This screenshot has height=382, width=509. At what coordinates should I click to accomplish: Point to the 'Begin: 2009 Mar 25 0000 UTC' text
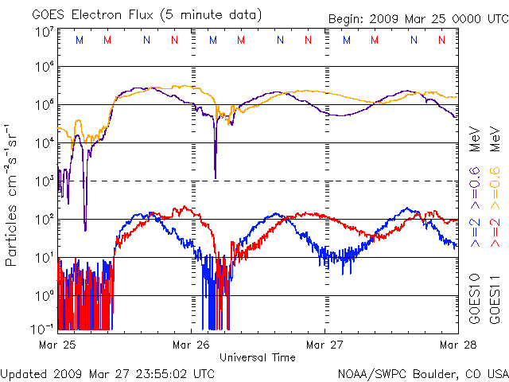pyautogui.click(x=418, y=19)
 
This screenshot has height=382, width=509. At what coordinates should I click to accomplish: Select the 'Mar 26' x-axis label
pyautogui.click(x=192, y=345)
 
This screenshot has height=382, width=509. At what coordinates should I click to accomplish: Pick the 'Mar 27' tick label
pyautogui.click(x=324, y=345)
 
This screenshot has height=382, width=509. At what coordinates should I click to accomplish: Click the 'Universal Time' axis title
pyautogui.click(x=258, y=357)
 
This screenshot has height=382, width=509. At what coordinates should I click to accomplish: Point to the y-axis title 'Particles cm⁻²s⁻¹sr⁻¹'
pyautogui.click(x=14, y=194)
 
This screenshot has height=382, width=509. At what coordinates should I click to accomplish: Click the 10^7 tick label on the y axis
pyautogui.click(x=44, y=33)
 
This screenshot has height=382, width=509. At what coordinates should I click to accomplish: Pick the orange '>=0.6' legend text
pyautogui.click(x=493, y=185)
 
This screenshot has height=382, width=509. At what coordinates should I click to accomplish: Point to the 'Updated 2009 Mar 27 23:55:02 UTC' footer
pyautogui.click(x=107, y=373)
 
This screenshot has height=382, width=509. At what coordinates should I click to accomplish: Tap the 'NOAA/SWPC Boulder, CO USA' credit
pyautogui.click(x=422, y=373)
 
